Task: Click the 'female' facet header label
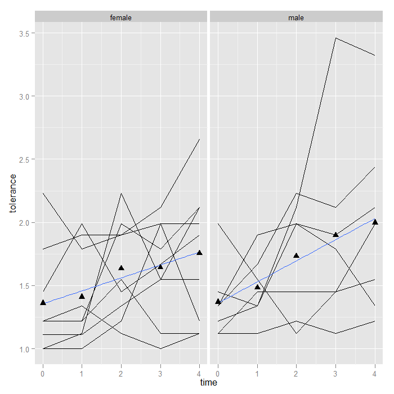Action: coord(121,17)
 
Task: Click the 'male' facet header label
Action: coord(296,17)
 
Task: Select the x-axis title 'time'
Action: coord(208,383)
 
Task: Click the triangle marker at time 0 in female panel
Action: coord(43,303)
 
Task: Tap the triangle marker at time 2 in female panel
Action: coord(121,268)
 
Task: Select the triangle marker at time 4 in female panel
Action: coord(199,253)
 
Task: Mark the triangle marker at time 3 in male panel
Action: coord(335,235)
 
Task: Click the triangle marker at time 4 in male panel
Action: coord(375,222)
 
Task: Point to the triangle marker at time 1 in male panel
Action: coord(257,287)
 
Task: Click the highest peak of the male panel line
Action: coord(335,38)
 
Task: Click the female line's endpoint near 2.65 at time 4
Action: coord(199,139)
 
